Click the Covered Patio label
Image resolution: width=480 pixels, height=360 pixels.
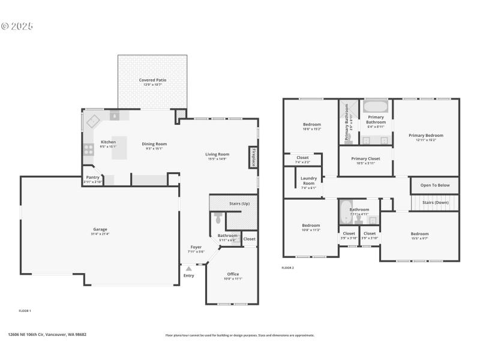pos(152,80)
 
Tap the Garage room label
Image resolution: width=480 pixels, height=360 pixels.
pos(100,229)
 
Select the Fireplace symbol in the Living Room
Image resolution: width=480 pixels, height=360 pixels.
pos(253,157)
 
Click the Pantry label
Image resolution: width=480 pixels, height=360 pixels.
pos(92,178)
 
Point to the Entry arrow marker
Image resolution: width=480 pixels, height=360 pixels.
pos(189,269)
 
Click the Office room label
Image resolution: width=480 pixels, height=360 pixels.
pos(233,274)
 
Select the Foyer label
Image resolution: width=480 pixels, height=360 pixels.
pos(196,247)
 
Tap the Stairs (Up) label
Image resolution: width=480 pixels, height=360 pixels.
pos(239,203)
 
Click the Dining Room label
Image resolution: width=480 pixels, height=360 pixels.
pos(154,144)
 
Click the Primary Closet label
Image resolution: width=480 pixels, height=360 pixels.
pos(365,159)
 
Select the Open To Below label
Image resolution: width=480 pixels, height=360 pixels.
pos(435,185)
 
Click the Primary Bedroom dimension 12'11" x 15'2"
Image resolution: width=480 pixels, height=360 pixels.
pos(426,140)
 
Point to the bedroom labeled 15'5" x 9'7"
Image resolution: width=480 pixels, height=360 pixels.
pos(419,234)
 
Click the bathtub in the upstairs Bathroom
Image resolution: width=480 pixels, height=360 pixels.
pos(345,211)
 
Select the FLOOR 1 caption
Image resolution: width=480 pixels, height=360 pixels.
pos(25,311)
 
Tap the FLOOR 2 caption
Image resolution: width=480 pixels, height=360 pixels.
pos(288,268)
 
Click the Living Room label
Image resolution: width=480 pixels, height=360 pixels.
pos(218,154)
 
